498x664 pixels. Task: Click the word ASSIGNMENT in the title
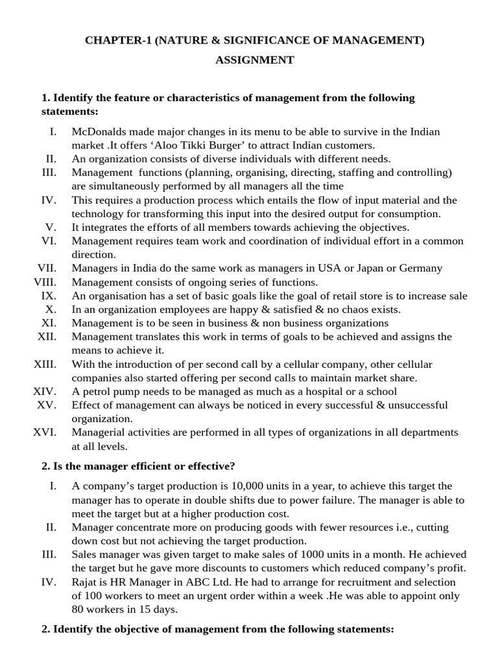coord(255,60)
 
